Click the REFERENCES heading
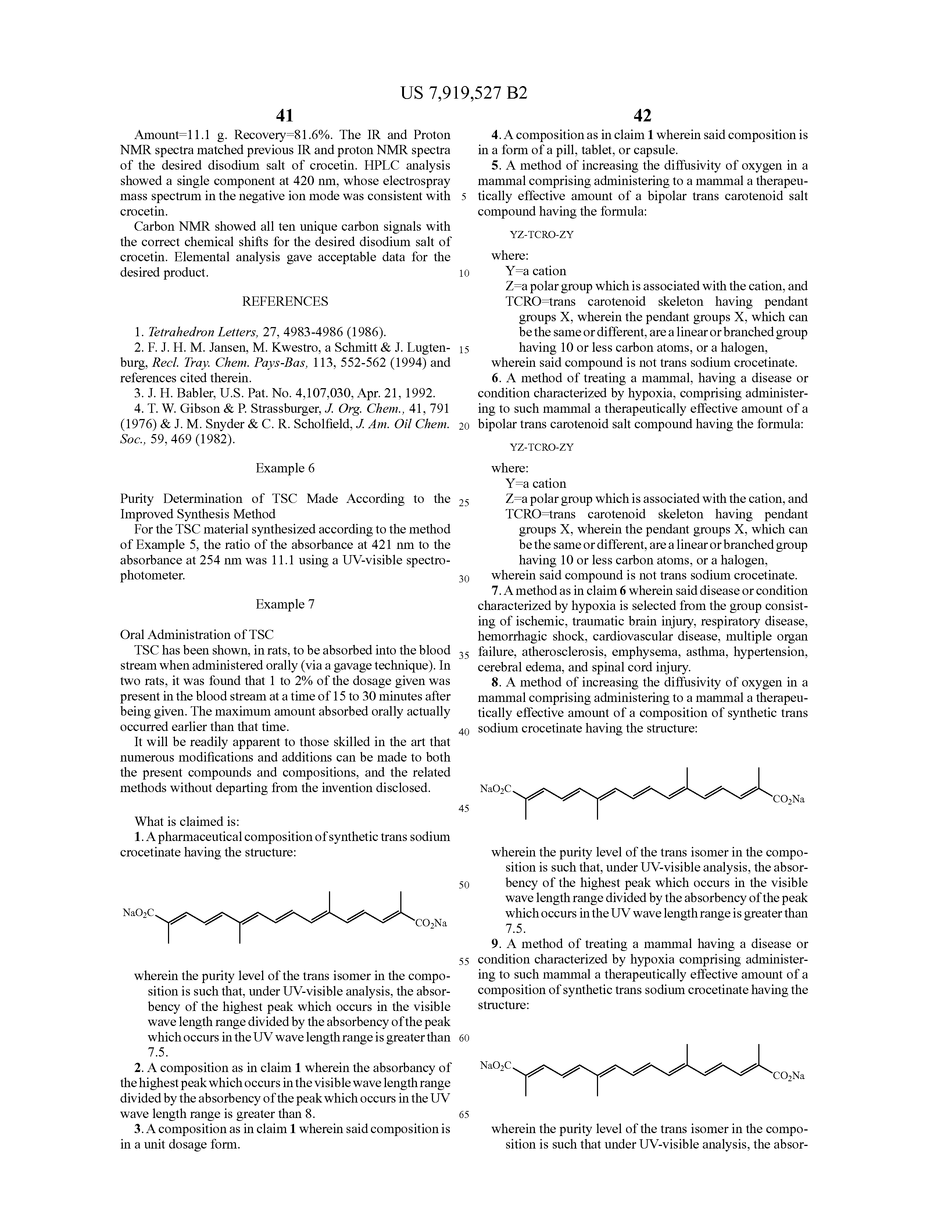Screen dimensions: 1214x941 tap(285, 301)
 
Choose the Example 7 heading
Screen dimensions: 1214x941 tap(285, 604)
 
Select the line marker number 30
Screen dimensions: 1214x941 tap(464, 579)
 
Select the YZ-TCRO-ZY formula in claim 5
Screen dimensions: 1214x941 tap(541, 235)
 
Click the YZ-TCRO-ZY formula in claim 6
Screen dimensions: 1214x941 tap(541, 447)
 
